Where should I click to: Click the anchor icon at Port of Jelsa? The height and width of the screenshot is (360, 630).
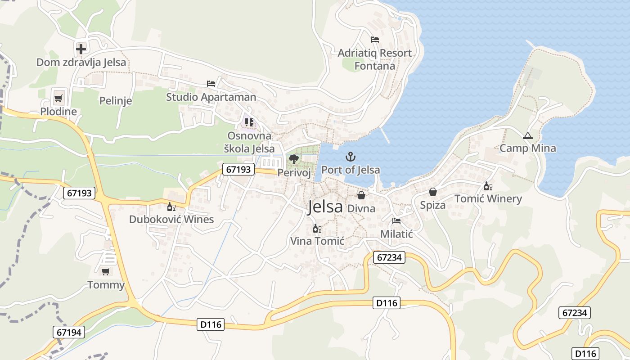pos(350,157)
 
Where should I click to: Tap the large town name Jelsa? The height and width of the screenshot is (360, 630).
pos(325,207)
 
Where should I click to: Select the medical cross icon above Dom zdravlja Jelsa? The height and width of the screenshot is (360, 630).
pos(81,49)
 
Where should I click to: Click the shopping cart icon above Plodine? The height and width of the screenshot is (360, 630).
pos(58,98)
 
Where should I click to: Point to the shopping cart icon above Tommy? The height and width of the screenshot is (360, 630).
pos(105,271)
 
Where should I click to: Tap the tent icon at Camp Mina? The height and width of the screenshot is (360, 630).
pos(527,135)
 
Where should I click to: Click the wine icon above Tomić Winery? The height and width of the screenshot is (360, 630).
pos(488,186)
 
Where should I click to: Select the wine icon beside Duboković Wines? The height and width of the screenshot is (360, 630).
pos(171,207)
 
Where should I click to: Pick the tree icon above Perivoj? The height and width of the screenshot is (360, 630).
pos(294,159)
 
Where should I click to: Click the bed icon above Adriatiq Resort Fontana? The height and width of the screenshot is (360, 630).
pos(374,40)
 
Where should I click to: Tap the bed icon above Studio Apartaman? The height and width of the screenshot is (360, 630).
pos(211,84)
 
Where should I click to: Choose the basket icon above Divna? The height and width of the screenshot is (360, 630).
pos(361,195)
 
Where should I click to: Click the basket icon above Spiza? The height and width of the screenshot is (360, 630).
pos(432,192)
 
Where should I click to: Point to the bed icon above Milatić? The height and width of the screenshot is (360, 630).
pos(396,220)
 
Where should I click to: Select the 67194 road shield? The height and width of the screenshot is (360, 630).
pos(69,333)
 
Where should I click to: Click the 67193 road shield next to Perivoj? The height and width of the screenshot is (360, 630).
pos(238,169)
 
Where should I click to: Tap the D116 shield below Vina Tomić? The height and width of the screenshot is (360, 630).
pos(386,303)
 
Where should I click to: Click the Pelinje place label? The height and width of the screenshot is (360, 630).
pos(116,100)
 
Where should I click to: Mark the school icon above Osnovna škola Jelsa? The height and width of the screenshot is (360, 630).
pos(249,122)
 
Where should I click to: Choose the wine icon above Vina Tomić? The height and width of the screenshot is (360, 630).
pos(317,229)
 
